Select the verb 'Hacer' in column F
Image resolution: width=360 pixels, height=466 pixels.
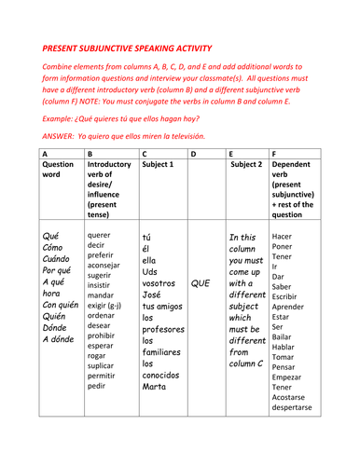pyautogui.click(x=283, y=236)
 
